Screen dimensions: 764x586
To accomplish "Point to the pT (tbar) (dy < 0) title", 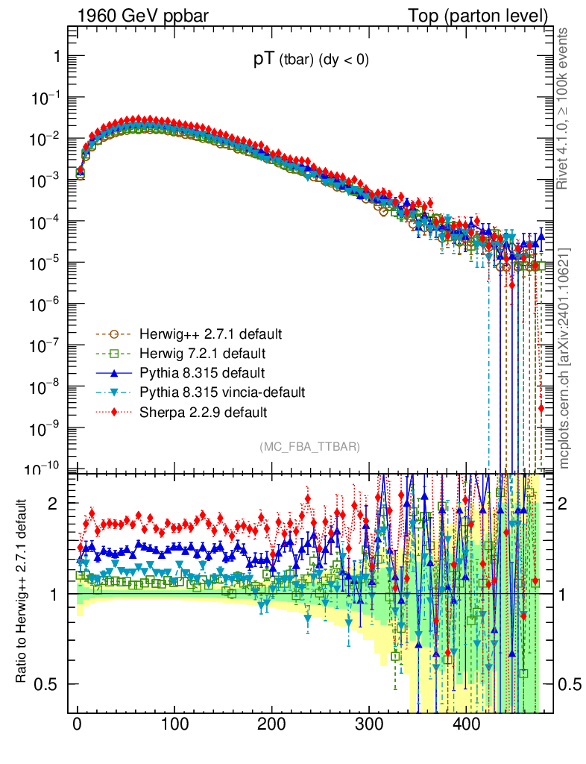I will coord(311,61).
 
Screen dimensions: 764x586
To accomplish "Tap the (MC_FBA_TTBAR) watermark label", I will coord(310,447).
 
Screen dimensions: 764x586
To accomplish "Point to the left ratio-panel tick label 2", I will coord(52,504).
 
